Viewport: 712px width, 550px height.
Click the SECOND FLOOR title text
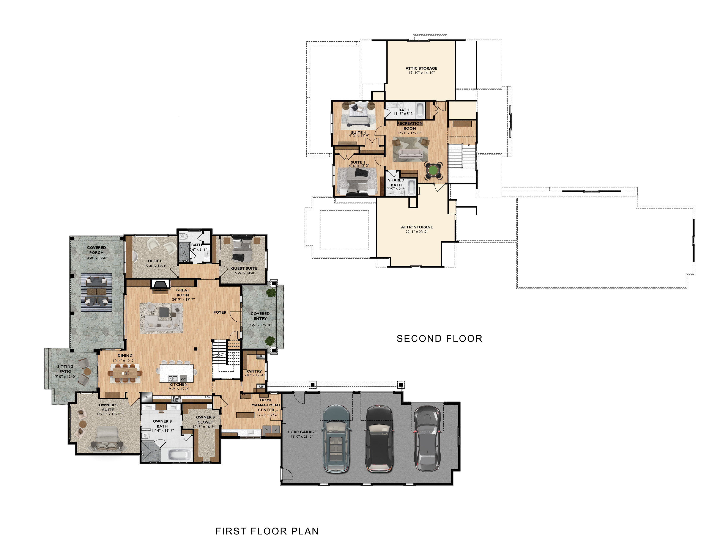439,339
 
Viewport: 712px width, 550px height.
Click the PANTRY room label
254,371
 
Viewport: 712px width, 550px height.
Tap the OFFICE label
155,261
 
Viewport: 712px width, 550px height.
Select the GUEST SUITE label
244,268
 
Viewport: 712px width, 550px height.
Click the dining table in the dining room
125,373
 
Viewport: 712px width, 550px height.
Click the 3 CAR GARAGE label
302,432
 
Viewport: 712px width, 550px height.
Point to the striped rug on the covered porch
96,293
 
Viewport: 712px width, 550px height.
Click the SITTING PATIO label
65,369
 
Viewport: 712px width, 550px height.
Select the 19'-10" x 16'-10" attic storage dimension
422,73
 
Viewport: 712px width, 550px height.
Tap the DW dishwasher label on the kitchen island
183,379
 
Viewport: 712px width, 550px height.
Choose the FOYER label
220,312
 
